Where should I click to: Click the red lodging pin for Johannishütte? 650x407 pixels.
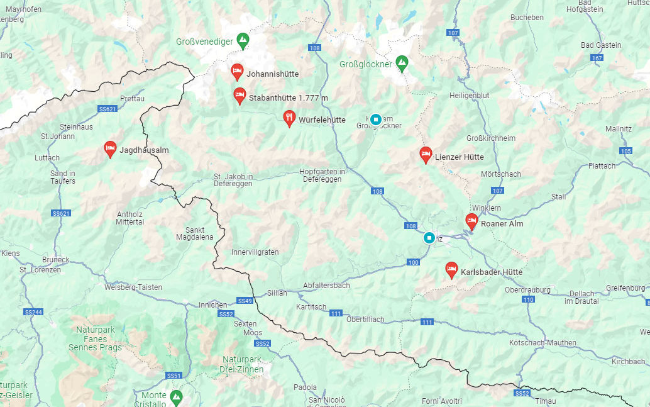pos(237,72)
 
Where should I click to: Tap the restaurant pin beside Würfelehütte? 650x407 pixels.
pos(289,118)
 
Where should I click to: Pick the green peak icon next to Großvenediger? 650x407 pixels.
pos(243,41)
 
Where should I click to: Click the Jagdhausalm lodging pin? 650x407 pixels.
pos(110,149)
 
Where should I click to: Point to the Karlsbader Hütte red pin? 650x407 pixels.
pos(451,270)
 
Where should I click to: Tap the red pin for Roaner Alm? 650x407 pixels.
pos(471,221)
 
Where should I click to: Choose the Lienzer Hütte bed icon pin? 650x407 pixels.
pos(426,154)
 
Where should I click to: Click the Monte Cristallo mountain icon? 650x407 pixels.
pos(177,397)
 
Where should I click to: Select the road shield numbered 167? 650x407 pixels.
pos(597,58)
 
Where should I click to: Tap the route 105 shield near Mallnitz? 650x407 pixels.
pos(625,151)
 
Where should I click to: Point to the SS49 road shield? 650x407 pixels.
pos(245,301)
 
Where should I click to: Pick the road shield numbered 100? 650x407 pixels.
pos(413,262)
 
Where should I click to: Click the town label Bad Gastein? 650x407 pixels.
pos(601,45)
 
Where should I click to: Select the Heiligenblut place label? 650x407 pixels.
pos(469,95)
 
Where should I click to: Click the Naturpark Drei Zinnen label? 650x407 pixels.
pos(241,364)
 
